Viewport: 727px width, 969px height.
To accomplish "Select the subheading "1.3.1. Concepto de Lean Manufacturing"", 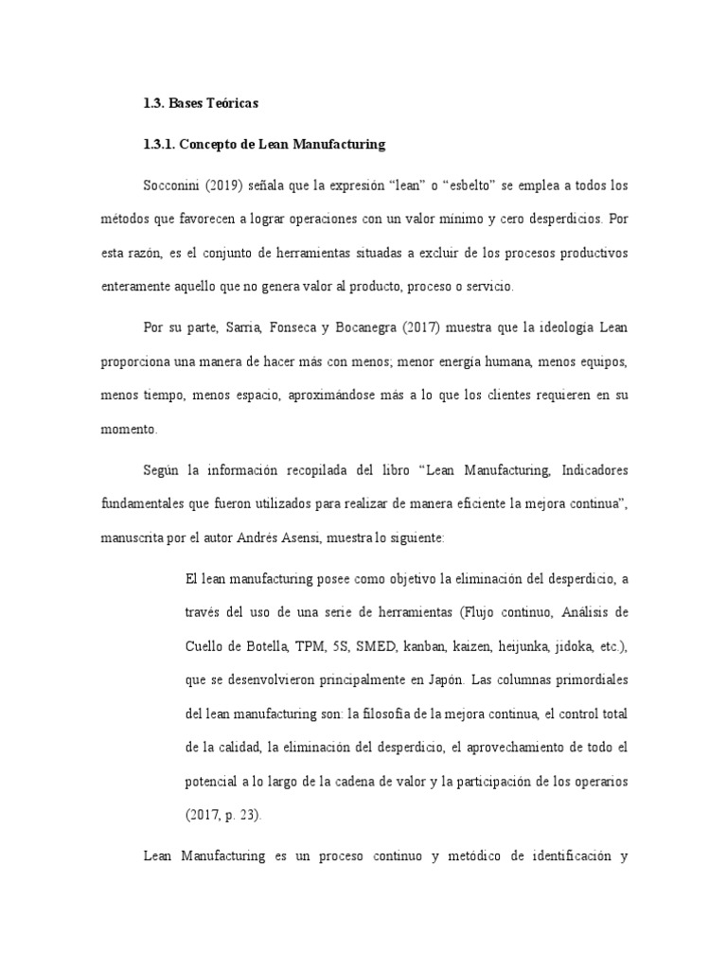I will coord(264,145).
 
